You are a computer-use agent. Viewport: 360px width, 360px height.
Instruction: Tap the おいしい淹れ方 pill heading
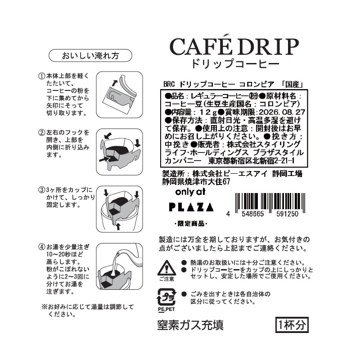click(x=90, y=55)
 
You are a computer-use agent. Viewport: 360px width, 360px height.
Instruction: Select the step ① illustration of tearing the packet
click(x=119, y=94)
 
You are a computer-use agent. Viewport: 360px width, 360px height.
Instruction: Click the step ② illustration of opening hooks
click(x=119, y=152)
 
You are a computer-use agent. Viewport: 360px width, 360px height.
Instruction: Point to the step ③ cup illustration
click(x=119, y=209)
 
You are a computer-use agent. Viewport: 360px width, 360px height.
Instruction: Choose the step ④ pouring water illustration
click(x=119, y=266)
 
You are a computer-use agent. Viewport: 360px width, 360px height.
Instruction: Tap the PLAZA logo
click(x=191, y=207)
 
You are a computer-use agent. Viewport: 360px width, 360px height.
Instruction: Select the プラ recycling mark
click(x=166, y=297)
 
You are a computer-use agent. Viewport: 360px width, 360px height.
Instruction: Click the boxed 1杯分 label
click(x=292, y=324)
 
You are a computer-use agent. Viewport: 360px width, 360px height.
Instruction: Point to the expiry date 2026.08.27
click(x=282, y=112)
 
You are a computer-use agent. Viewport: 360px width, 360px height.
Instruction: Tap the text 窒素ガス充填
click(x=190, y=325)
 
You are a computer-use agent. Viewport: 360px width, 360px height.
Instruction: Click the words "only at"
click(x=190, y=192)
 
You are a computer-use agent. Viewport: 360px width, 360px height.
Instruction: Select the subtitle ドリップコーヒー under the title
click(x=235, y=63)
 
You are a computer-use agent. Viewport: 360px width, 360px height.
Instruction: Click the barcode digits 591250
click(x=287, y=214)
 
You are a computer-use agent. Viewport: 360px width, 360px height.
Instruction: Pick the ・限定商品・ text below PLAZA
click(x=191, y=224)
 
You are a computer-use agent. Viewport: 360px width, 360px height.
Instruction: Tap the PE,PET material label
click(x=166, y=309)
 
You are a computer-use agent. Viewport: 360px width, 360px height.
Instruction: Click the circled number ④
click(x=41, y=247)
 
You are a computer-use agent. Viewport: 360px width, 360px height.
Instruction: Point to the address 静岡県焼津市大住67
click(x=196, y=182)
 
